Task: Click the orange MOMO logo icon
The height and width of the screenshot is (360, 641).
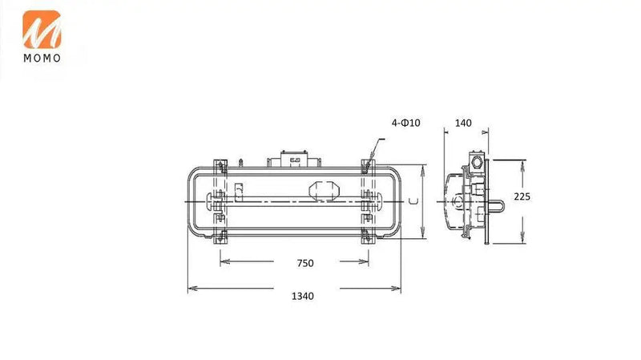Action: click(x=42, y=30)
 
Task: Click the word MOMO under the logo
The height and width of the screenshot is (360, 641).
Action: click(x=42, y=58)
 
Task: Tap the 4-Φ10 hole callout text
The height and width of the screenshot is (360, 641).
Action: click(x=405, y=123)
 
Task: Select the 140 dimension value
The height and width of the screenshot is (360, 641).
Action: click(x=463, y=123)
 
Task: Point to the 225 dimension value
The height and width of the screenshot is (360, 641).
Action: click(x=522, y=196)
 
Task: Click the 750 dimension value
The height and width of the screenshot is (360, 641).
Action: click(x=305, y=263)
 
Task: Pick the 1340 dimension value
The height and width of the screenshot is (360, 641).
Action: click(x=303, y=296)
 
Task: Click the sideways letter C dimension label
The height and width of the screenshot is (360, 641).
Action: click(x=413, y=201)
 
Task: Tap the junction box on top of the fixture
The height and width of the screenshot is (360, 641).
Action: click(x=293, y=159)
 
